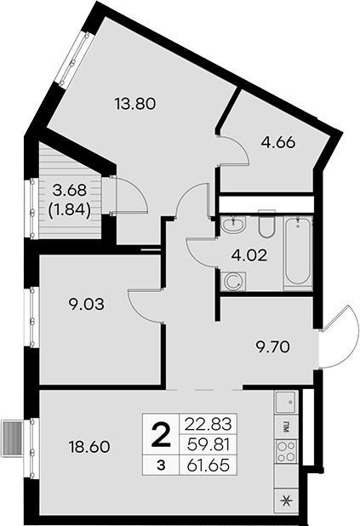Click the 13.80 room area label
pos(135,104)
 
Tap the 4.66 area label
pos(278,143)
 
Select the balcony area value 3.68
pos(70,191)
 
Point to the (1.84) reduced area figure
pos(70,211)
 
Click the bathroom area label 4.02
pos(249,256)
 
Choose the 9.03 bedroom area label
pos(86,304)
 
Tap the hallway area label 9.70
pos(272,347)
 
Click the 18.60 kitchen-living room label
pos(89,447)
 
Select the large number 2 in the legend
pos(161,434)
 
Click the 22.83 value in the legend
pos(209,425)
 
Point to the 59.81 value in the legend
pos(209,445)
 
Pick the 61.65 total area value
pos(209,466)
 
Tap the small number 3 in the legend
pos(162,466)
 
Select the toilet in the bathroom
pos(267,223)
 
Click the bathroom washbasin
pos(233,224)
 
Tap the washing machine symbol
pos(233,281)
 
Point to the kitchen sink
pos(285,402)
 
